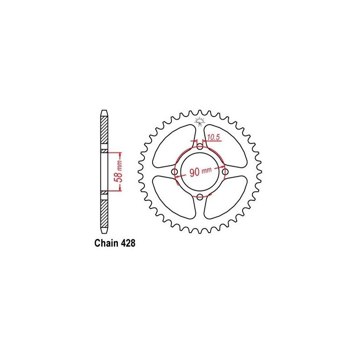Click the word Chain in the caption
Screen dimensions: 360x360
point(105,243)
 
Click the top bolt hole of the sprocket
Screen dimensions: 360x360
point(200,146)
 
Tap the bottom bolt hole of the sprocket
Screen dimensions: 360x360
point(200,196)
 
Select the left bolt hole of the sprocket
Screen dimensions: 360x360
point(175,171)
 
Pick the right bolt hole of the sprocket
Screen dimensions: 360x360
point(225,171)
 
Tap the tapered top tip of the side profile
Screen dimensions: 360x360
point(104,112)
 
